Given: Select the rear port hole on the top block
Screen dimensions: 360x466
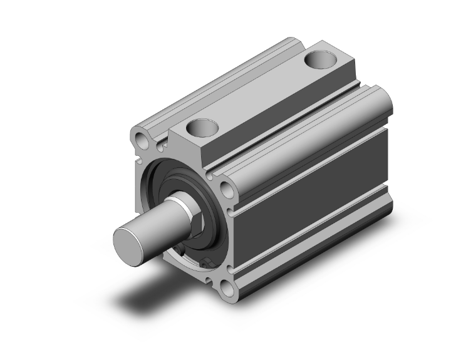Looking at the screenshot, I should [321, 62].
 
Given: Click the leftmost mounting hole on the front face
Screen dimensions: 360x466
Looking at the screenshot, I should [143, 138].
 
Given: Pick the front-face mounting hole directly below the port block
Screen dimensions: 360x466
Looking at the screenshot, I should [225, 188].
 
